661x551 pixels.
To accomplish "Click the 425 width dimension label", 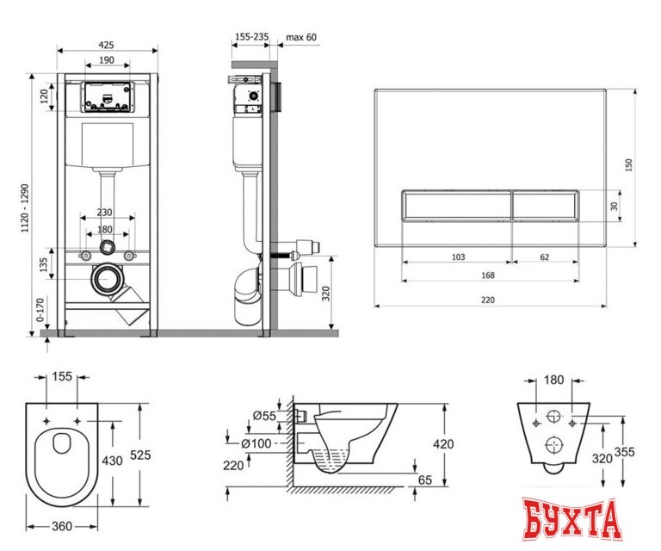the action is point(106,45).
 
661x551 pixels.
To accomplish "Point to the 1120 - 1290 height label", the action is point(25,207).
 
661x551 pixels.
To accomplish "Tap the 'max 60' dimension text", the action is point(301,37).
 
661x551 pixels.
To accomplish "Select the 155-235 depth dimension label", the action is point(251,37).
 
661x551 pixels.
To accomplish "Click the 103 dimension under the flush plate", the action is point(458,257).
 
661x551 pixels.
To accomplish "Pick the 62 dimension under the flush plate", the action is point(544,257).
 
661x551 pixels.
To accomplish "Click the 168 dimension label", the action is point(488,275).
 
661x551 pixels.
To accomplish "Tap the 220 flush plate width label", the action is point(488,300).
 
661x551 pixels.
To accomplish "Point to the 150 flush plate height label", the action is point(628,164).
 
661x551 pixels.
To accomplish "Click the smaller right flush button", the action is point(545,205).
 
